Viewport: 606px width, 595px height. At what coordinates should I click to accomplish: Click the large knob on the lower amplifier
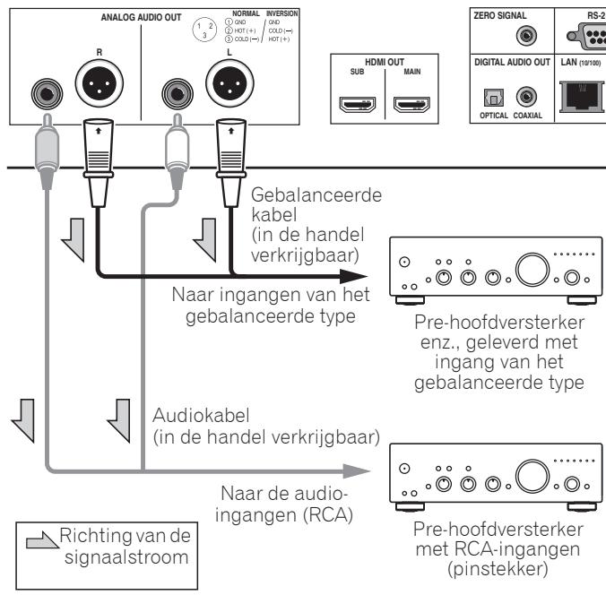point(533,473)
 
